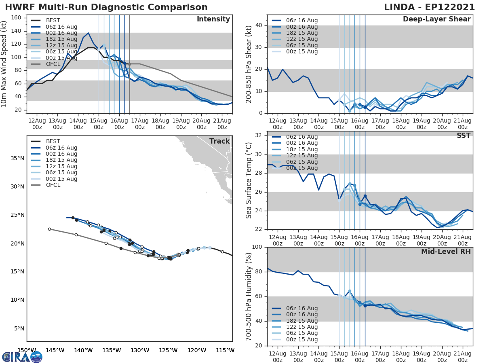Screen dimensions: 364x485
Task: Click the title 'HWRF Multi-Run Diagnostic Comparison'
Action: point(106,7)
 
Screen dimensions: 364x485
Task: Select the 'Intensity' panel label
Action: point(213,19)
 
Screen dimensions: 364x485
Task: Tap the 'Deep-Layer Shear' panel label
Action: point(436,19)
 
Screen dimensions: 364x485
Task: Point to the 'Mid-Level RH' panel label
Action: point(446,252)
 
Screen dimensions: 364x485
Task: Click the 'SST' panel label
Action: point(464,136)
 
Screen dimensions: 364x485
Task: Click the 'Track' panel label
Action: point(219,142)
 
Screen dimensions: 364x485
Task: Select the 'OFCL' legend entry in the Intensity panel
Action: point(53,64)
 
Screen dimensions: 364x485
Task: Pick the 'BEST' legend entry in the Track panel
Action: point(53,142)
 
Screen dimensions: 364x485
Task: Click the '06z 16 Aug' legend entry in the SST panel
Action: point(302,137)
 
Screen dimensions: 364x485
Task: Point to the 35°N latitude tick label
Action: point(17,158)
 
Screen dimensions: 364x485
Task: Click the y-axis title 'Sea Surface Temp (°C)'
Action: point(249,180)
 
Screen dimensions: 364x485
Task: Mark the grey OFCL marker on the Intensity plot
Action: point(129,64)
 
